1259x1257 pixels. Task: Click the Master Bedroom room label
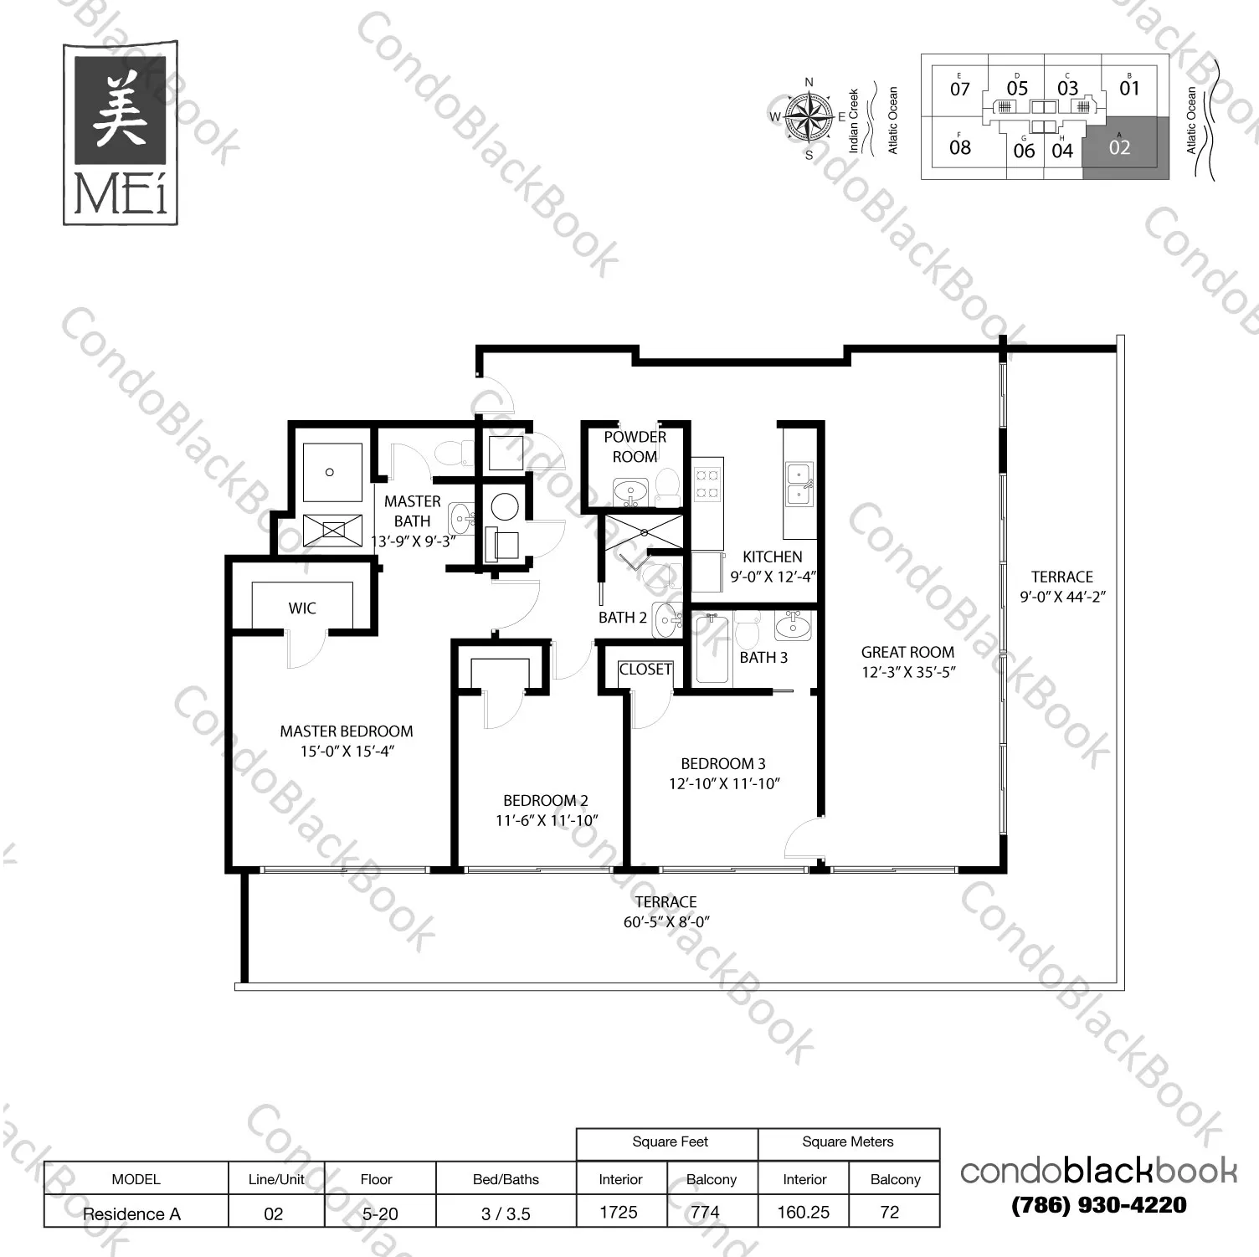[347, 731]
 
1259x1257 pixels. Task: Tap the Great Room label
[907, 652]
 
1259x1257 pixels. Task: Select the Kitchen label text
[772, 557]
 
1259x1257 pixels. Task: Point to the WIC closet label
[302, 608]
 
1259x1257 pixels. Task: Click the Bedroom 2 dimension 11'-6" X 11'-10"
[547, 821]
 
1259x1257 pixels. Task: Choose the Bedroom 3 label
[723, 764]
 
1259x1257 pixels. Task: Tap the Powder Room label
[635, 447]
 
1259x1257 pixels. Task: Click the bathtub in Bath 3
[714, 649]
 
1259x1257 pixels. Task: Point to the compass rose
[809, 117]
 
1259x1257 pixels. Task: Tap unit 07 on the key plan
[960, 89]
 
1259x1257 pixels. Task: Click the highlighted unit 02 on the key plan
[1119, 147]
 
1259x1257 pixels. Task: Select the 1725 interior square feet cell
[619, 1213]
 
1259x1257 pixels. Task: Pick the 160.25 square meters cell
[803, 1213]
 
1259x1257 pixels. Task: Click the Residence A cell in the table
[131, 1213]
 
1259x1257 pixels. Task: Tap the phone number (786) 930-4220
[1098, 1205]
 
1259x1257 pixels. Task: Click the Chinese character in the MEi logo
[120, 110]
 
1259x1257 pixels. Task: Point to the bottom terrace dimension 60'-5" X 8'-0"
[666, 922]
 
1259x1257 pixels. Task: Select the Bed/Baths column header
[506, 1179]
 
